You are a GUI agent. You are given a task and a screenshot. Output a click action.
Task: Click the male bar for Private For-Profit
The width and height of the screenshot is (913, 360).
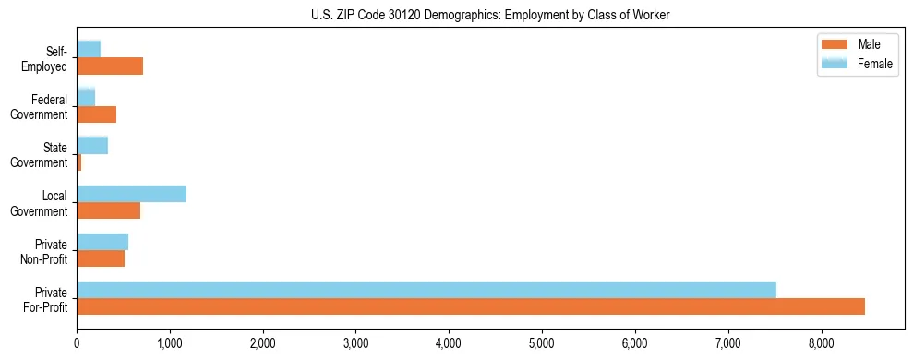coord(471,306)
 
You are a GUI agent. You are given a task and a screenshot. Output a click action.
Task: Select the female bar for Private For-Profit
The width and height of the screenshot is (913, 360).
coord(426,290)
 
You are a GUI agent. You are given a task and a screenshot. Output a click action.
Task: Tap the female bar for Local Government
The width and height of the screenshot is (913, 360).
coord(131,194)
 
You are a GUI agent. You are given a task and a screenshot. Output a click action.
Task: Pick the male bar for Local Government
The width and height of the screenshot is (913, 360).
coord(108,210)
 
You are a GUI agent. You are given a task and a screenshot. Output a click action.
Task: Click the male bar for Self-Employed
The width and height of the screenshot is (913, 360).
coord(110,66)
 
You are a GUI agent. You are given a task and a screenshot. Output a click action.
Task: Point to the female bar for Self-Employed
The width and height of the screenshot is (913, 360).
coord(89,49)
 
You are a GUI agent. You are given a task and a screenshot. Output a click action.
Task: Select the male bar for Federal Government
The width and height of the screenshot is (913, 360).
coord(96,114)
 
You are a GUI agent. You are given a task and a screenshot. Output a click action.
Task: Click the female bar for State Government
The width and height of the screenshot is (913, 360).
coord(92,145)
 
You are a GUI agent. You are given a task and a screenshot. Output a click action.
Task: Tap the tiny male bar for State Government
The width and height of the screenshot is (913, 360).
coord(79,162)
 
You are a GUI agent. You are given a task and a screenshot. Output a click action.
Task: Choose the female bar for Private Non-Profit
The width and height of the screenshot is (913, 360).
coord(102,242)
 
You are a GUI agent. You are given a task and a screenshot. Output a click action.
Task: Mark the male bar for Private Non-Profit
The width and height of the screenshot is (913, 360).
coord(101,258)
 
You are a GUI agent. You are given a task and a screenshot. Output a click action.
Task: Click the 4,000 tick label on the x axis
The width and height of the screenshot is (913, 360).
coord(449,343)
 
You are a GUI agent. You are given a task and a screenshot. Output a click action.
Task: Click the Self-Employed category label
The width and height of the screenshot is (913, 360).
coord(50,58)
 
